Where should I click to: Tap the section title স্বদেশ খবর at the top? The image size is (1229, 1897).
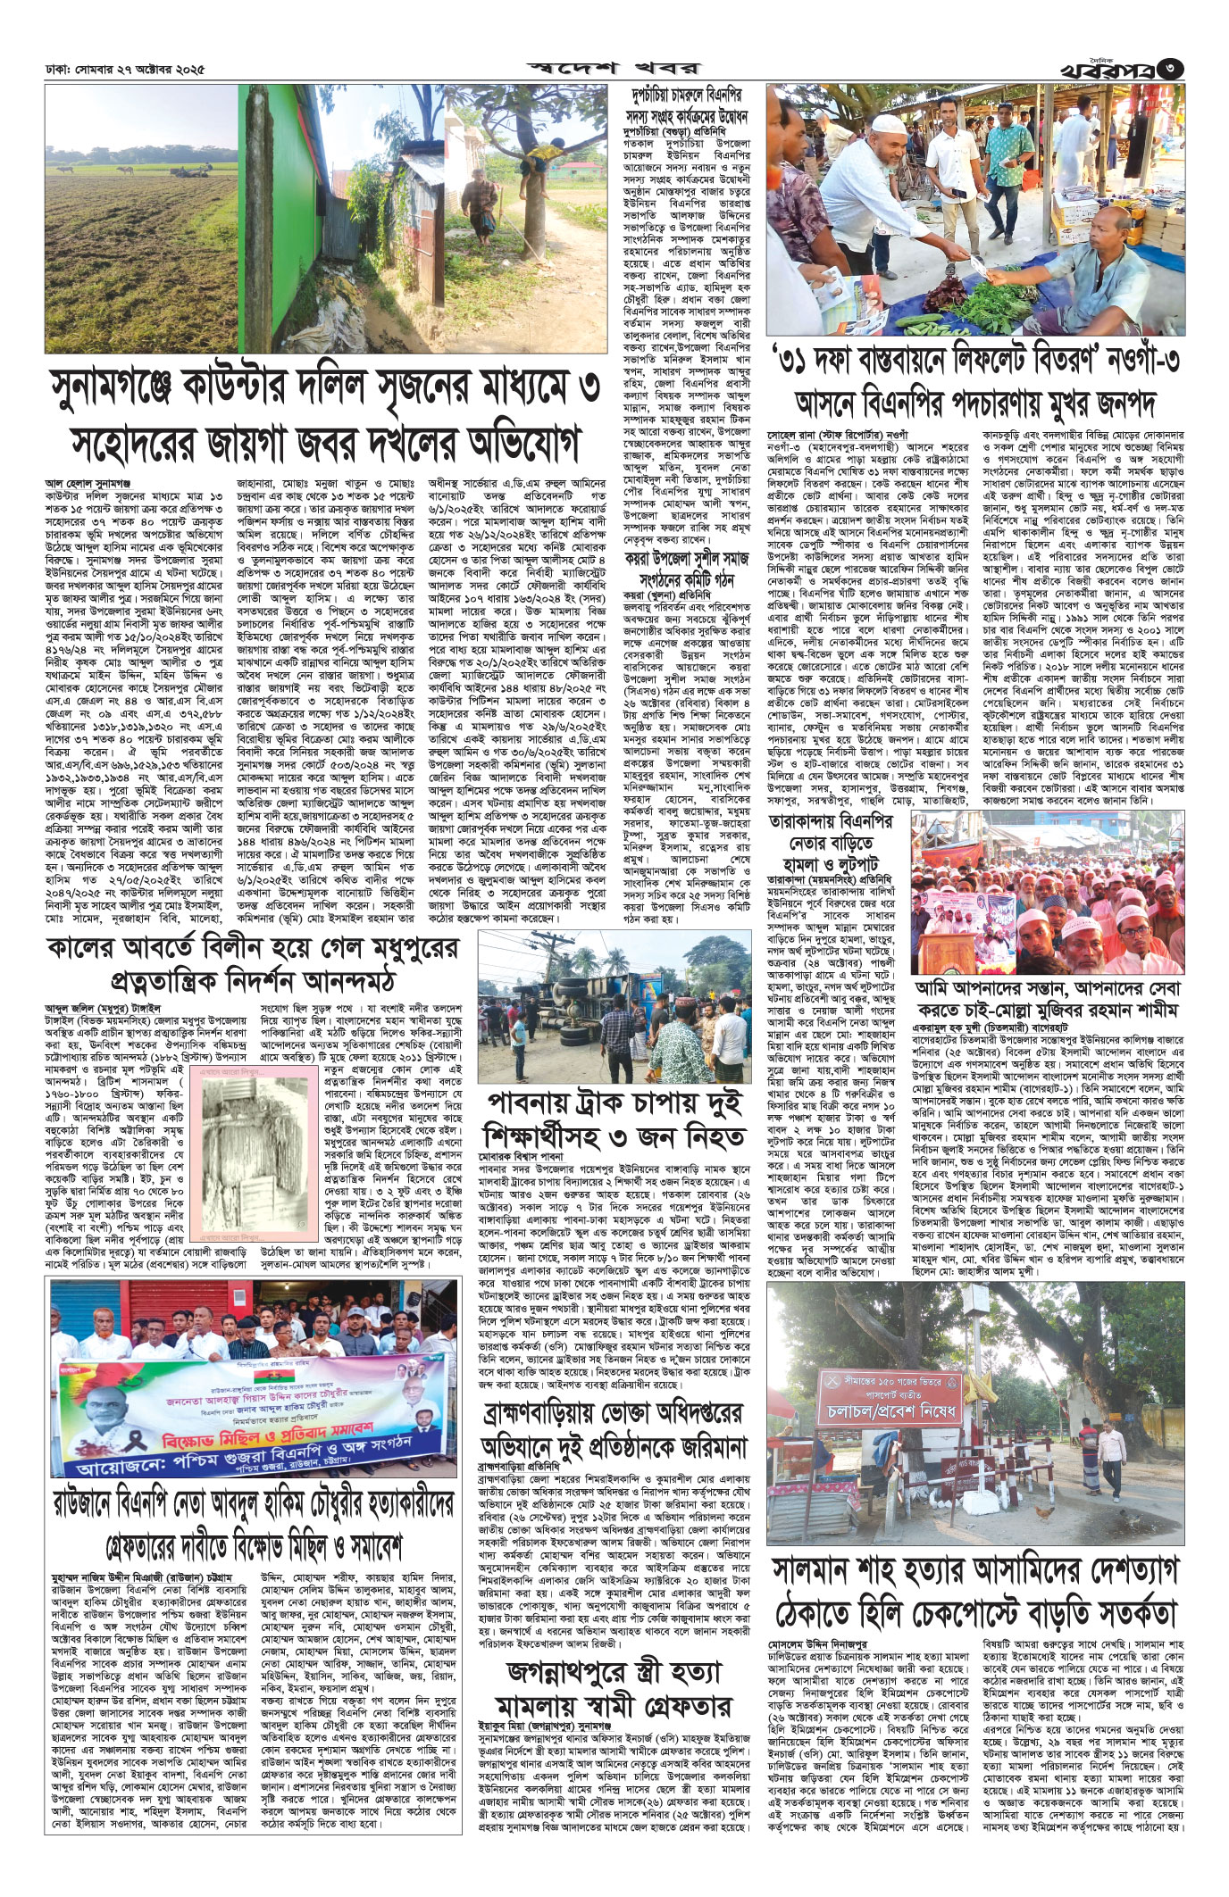(615, 67)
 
